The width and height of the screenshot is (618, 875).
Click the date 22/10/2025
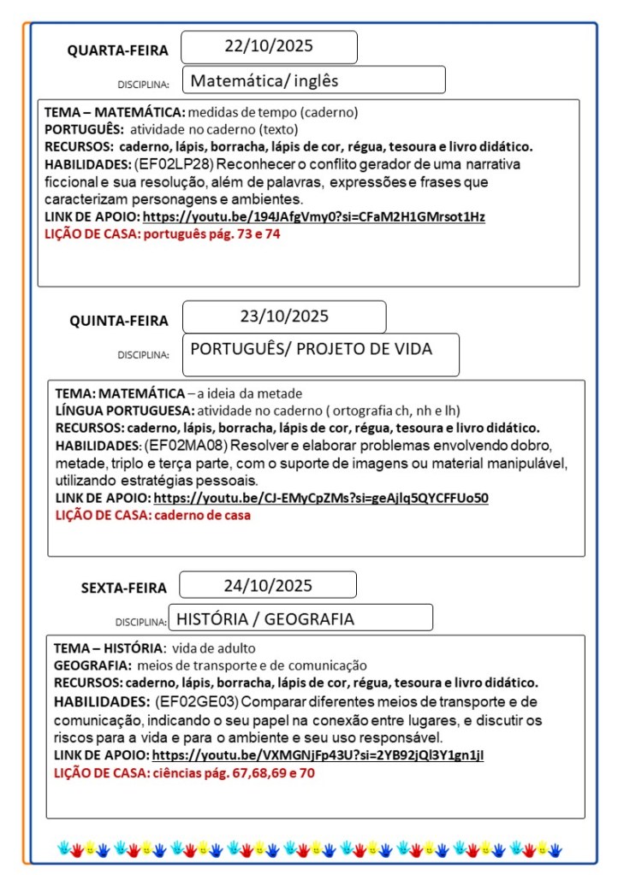pyautogui.click(x=269, y=46)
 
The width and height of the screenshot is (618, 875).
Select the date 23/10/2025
pyautogui.click(x=284, y=316)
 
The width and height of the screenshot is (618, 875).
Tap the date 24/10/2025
pyautogui.click(x=268, y=586)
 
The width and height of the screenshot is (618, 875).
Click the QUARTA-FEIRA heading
pyautogui.click(x=118, y=51)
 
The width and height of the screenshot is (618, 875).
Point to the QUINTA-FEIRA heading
pyautogui.click(x=119, y=321)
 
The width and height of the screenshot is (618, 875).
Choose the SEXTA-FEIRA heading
pyautogui.click(x=124, y=588)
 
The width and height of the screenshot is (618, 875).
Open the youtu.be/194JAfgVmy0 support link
pyautogui.click(x=313, y=217)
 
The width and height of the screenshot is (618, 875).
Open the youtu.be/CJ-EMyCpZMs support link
pyautogui.click(x=321, y=498)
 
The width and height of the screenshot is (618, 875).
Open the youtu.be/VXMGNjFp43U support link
pyautogui.click(x=318, y=755)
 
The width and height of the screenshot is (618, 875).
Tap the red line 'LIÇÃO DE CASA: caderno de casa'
pyautogui.click(x=153, y=515)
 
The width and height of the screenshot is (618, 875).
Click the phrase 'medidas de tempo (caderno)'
pyautogui.click(x=272, y=112)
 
